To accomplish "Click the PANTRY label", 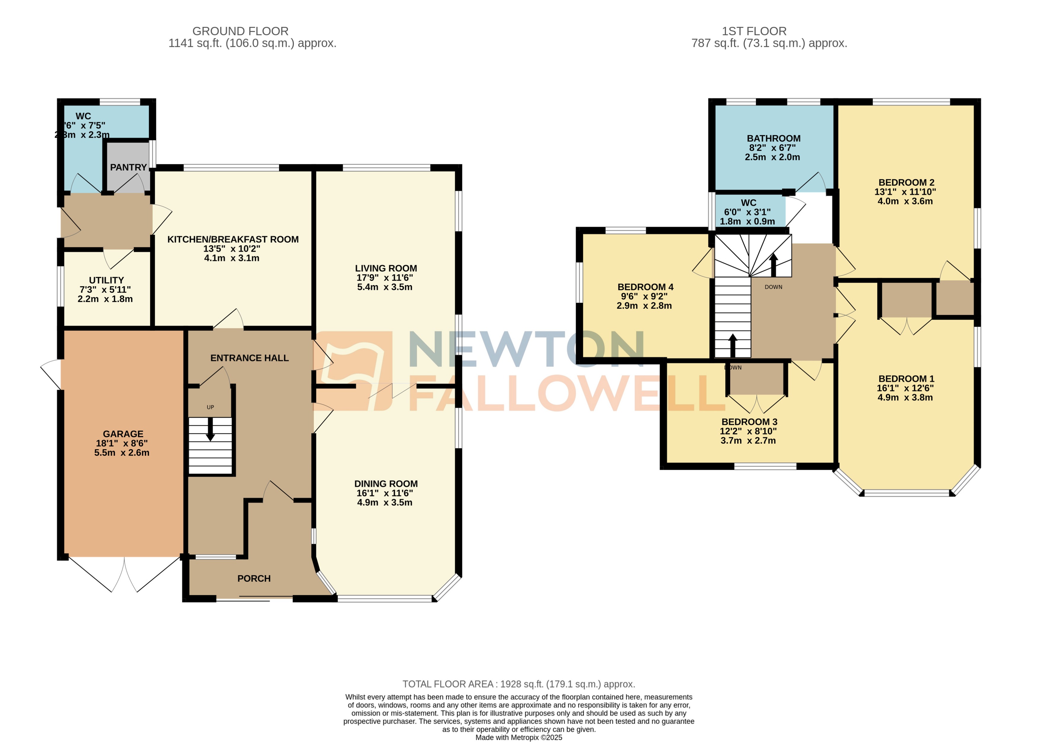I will [x=128, y=167].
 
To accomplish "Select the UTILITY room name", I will [x=106, y=280].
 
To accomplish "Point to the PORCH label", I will [x=254, y=578].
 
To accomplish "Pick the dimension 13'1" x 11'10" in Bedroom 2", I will [x=905, y=192].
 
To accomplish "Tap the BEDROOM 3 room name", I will [x=749, y=422].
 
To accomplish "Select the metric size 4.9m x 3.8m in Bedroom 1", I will [x=905, y=397].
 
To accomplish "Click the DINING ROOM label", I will [x=386, y=483].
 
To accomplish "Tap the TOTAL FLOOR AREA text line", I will [x=518, y=684].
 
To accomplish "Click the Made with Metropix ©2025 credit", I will [x=518, y=737].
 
